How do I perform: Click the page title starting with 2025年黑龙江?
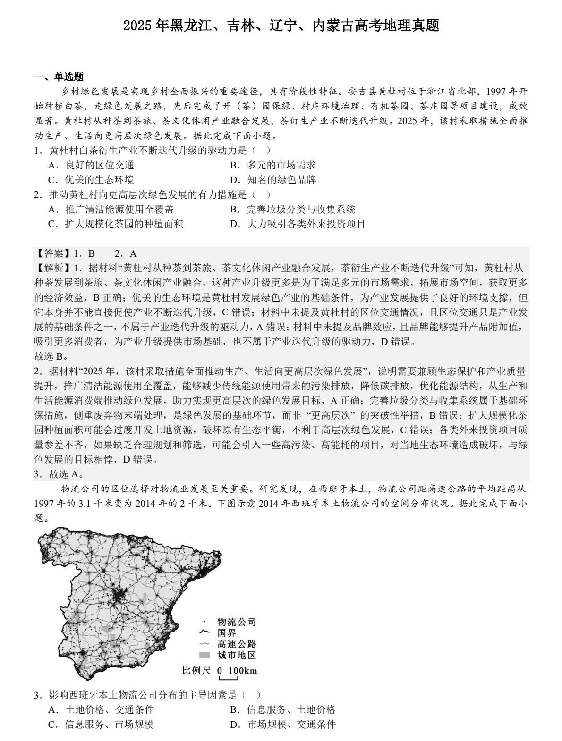pos(281,25)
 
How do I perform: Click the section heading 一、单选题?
pos(59,77)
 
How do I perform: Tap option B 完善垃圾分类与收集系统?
pos(292,209)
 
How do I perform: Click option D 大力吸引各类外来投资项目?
pos(298,224)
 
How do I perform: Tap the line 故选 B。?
pos(51,356)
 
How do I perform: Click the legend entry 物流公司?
pos(236,622)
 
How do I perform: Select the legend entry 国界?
pos(226,633)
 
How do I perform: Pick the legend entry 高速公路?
pos(236,644)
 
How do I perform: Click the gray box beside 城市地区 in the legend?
pos(204,655)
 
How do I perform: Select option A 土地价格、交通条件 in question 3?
pos(101,709)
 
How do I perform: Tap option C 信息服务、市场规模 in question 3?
pos(101,724)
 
